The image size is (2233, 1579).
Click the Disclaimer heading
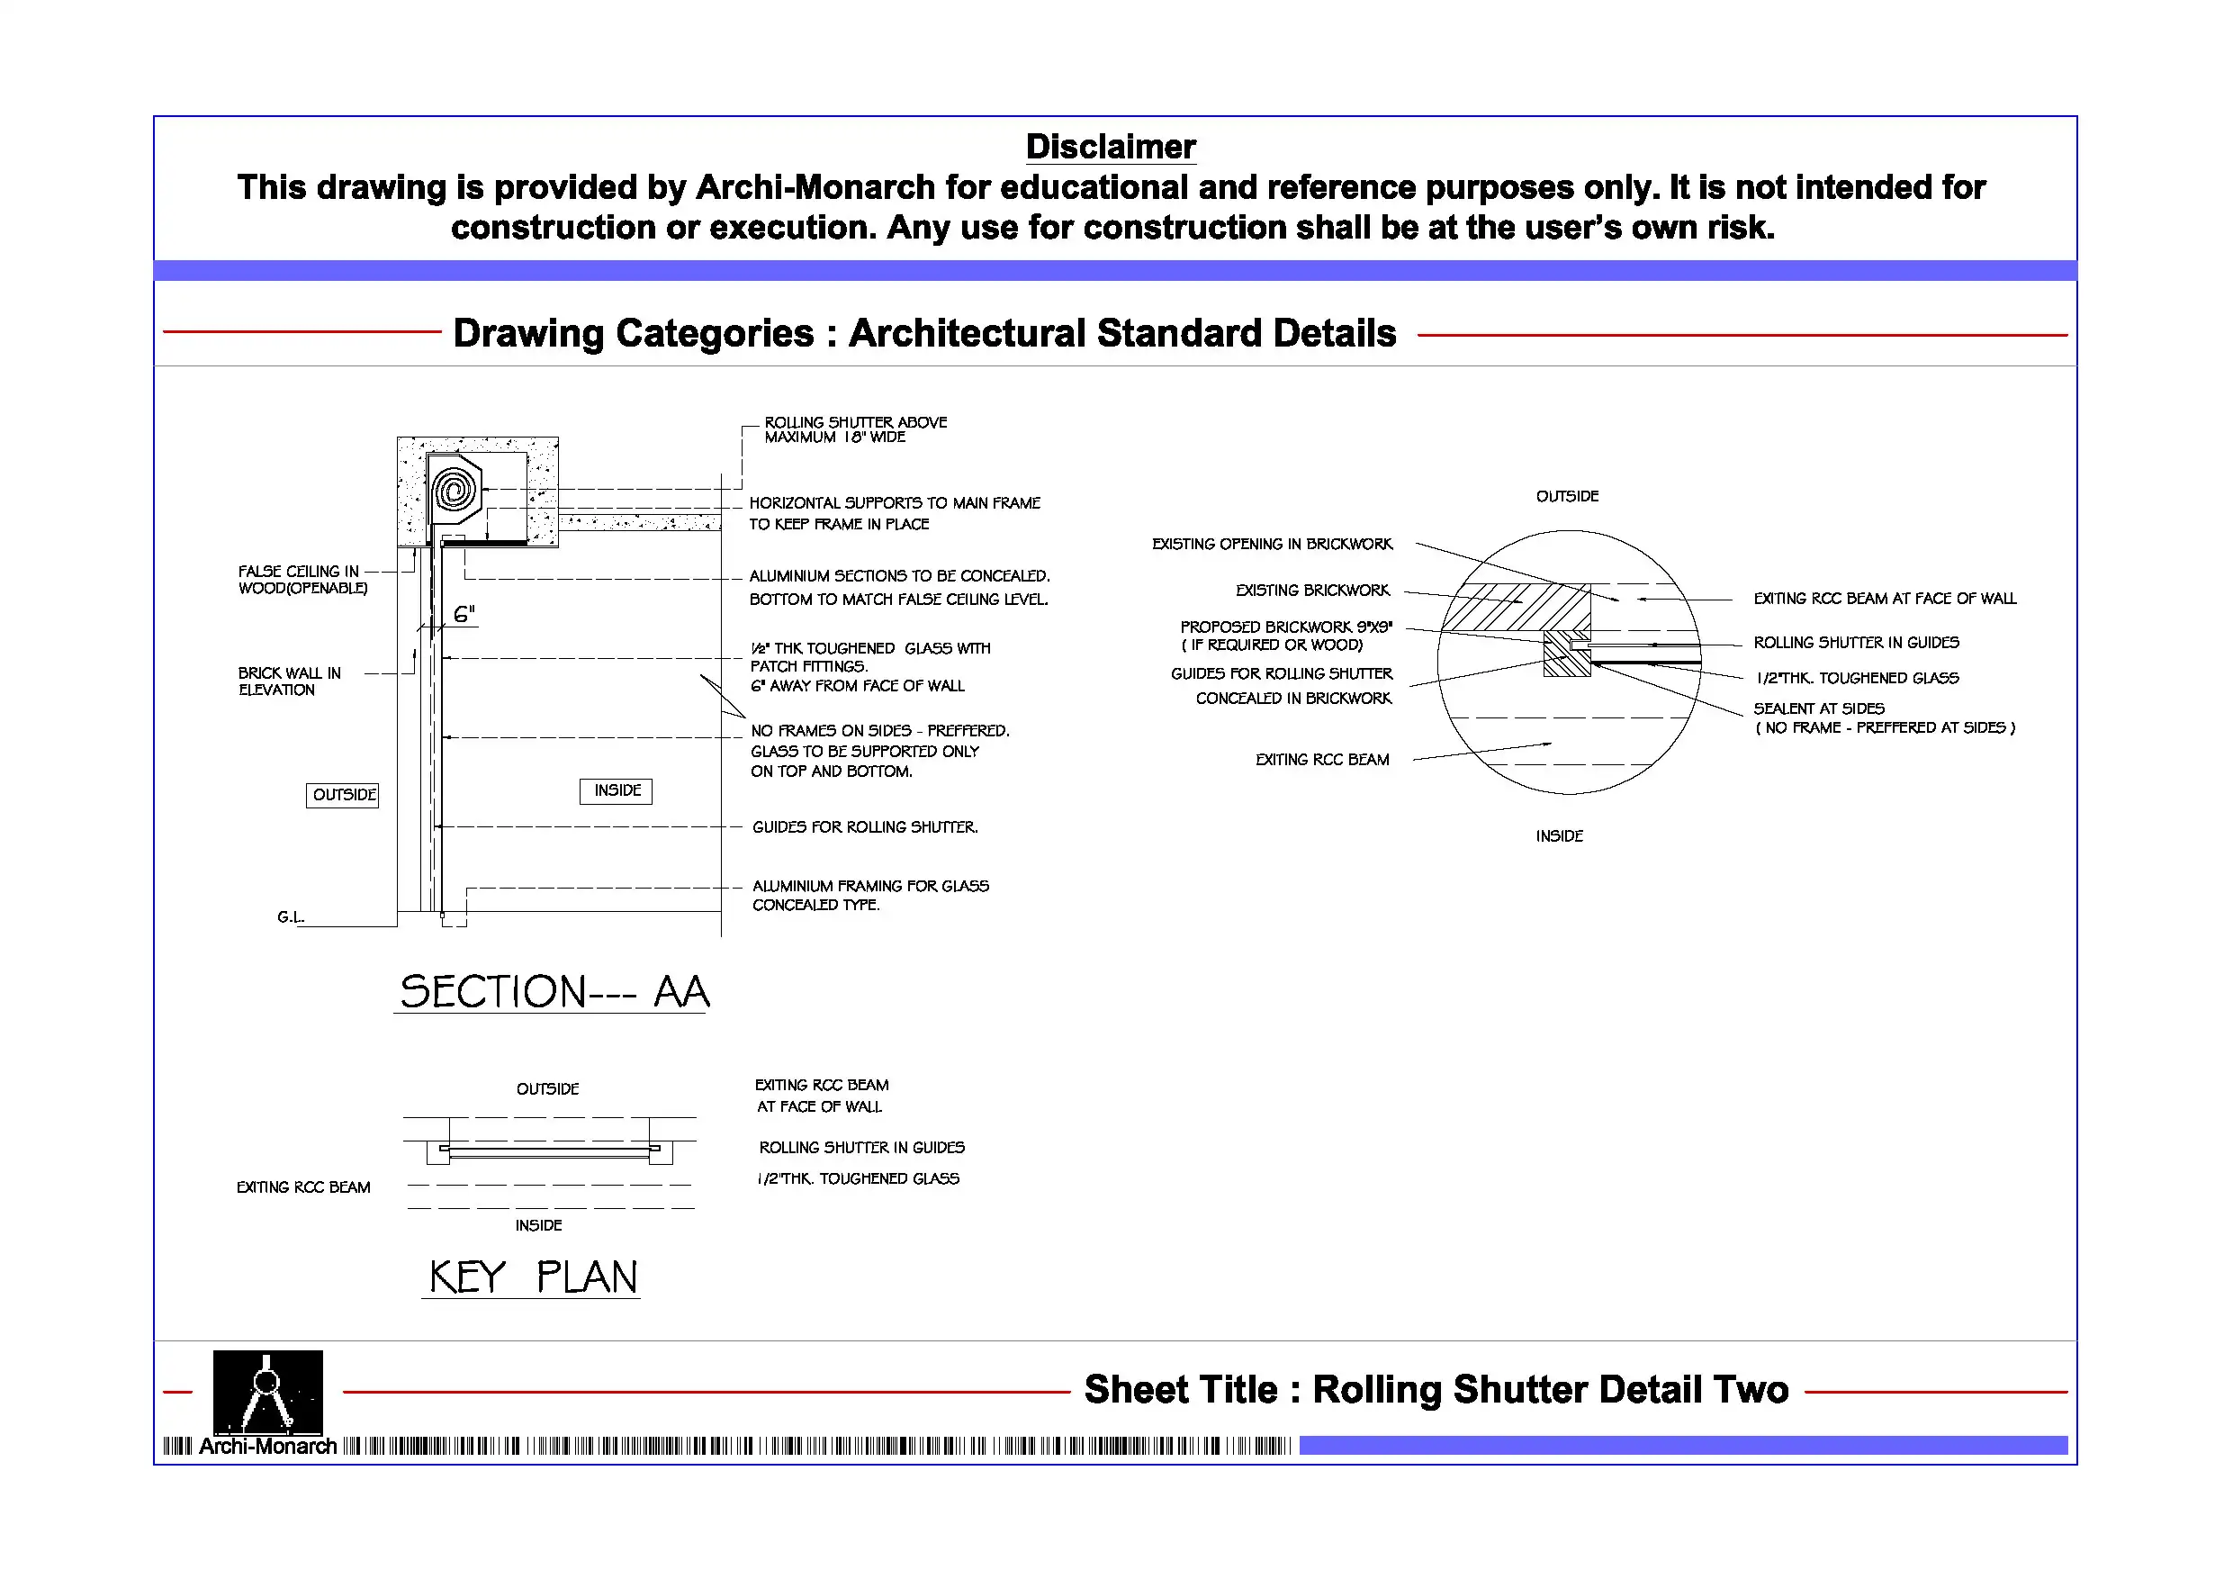[1110, 147]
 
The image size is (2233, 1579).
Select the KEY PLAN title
[532, 1277]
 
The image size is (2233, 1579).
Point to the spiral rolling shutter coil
[455, 490]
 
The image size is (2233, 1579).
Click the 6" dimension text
[464, 614]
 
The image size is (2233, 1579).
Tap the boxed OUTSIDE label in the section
[343, 795]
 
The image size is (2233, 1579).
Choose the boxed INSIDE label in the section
[617, 790]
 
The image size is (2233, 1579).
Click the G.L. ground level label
[290, 916]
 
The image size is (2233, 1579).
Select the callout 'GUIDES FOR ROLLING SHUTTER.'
[865, 827]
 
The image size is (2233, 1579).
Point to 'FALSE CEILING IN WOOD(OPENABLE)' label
[302, 580]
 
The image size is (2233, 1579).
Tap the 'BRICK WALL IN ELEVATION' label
[289, 681]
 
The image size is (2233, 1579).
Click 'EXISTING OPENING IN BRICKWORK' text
[1272, 544]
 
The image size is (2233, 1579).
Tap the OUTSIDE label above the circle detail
[1567, 496]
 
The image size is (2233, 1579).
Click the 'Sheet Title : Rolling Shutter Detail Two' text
[1436, 1389]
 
